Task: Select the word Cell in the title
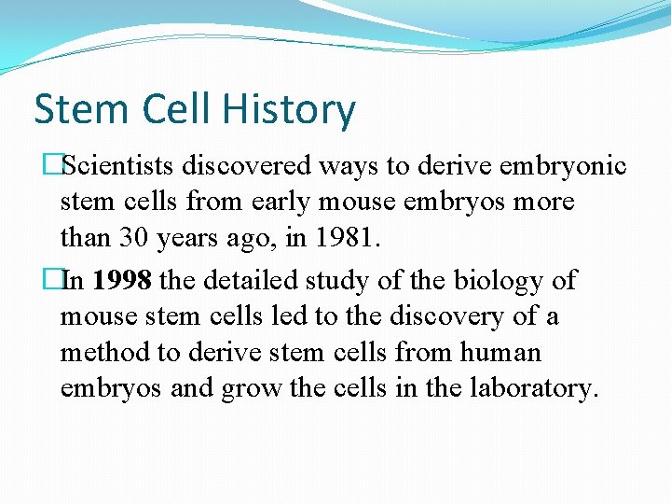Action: pos(177,110)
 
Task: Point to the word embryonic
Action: pos(564,166)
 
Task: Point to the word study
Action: pos(352,280)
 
